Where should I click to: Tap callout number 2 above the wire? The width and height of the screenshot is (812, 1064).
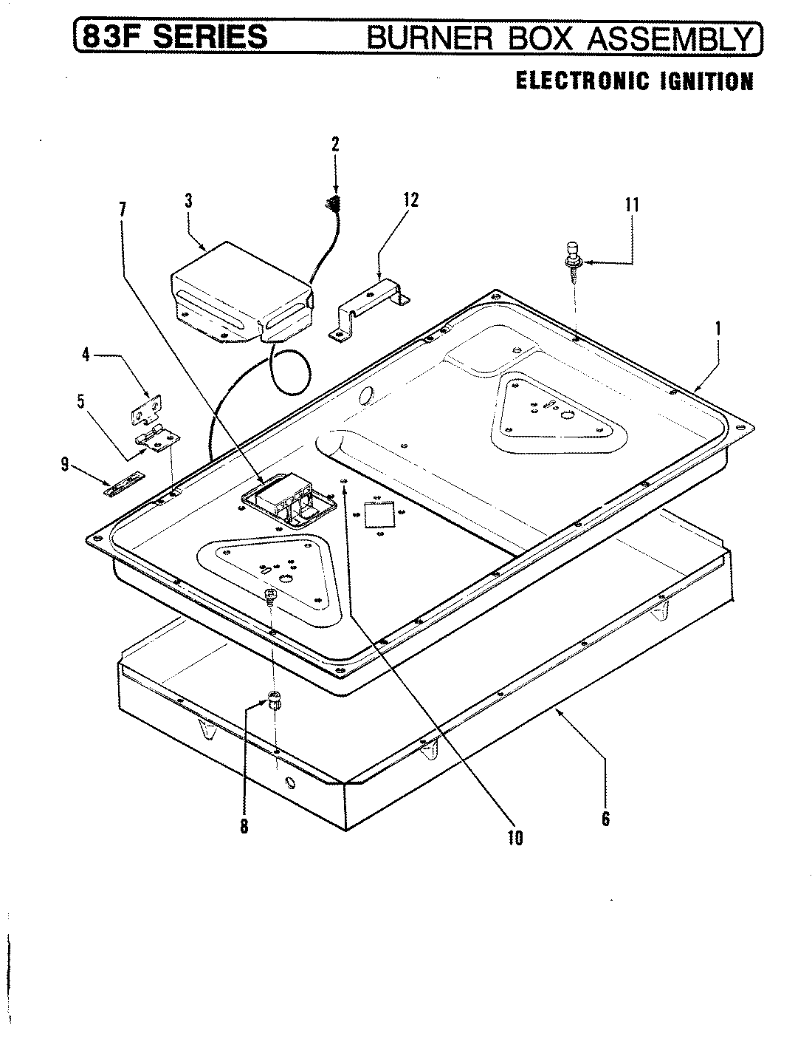point(335,143)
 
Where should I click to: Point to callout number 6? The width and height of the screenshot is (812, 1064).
point(605,818)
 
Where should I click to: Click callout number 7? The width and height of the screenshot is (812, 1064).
point(122,209)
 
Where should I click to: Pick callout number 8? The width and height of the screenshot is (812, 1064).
point(244,827)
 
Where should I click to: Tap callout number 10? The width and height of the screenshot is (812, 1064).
point(515,836)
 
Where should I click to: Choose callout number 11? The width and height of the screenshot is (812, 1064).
point(631,205)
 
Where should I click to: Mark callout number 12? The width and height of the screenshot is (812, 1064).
point(410,199)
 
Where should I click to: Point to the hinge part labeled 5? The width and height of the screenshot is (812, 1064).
point(158,441)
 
